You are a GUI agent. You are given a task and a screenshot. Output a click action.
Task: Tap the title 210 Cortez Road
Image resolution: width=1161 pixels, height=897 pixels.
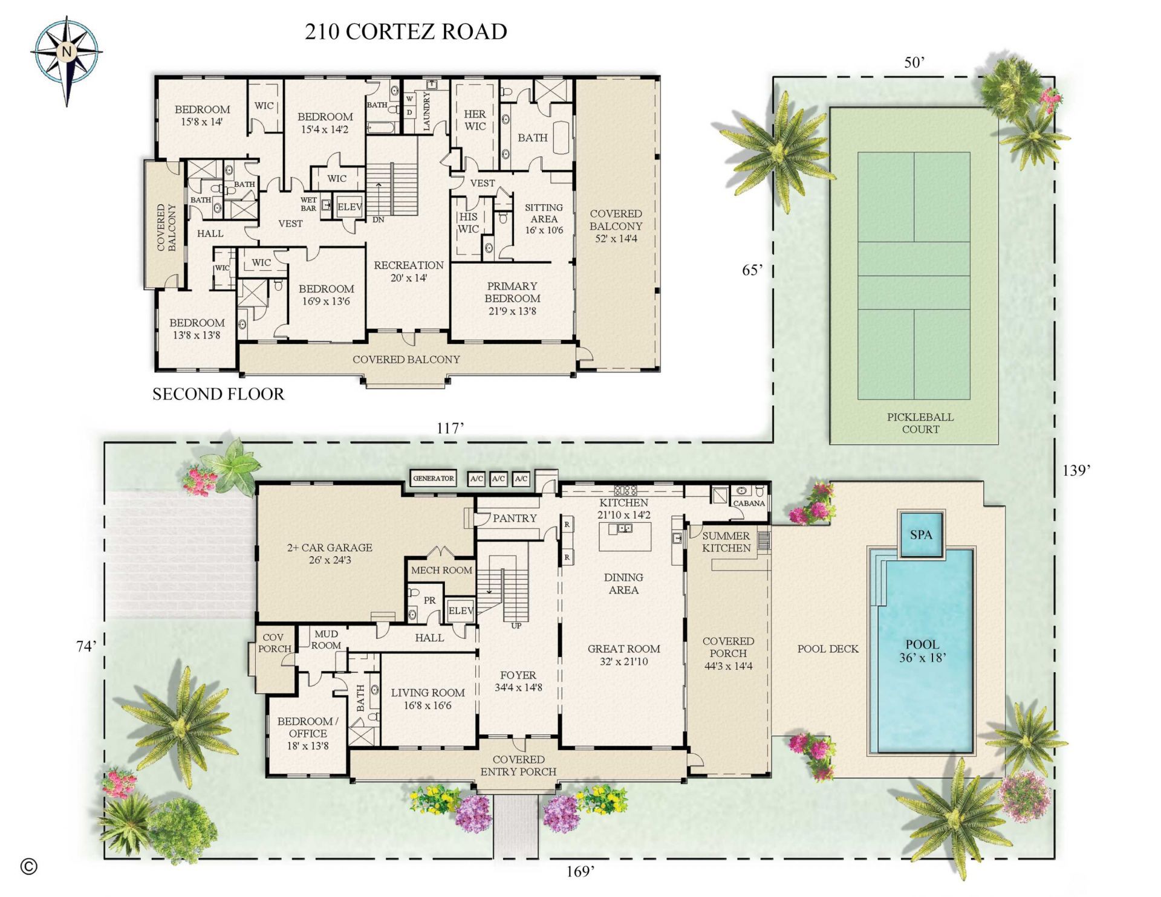pos(406,32)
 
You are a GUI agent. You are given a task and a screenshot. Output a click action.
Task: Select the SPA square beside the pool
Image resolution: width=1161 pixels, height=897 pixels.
pos(921,535)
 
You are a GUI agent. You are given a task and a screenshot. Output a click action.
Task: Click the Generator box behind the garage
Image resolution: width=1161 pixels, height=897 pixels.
pos(433,478)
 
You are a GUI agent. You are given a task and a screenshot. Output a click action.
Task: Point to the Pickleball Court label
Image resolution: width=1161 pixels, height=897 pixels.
pos(920,423)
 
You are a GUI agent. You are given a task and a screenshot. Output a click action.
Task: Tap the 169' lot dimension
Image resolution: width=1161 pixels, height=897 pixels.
pos(580,871)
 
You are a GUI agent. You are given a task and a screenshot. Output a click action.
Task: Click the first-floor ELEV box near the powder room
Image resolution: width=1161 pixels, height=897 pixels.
pos(460,611)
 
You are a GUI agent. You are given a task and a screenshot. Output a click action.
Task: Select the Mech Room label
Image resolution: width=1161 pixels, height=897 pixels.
pos(441,570)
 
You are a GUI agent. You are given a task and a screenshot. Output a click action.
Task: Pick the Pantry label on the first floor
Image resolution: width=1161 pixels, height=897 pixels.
pos(514,518)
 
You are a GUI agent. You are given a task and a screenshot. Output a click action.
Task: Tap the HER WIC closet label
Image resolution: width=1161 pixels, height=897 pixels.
pos(475,120)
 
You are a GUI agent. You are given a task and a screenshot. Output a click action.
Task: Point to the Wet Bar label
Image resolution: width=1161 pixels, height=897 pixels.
pos(308,204)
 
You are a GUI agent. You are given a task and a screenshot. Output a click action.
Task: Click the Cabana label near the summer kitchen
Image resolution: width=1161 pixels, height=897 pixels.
pos(749,503)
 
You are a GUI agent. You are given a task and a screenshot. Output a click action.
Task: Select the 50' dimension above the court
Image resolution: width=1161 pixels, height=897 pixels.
pos(915,62)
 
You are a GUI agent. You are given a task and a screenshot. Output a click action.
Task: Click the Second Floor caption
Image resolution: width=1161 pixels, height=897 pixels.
pos(218,394)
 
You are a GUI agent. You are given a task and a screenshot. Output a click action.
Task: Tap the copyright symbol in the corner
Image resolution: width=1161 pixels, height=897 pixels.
pos(28,866)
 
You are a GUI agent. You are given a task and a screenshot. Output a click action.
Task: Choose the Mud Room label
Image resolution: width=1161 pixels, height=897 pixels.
pos(326,640)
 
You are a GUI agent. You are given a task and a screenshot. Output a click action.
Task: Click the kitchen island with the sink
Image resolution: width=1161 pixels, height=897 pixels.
pos(625,536)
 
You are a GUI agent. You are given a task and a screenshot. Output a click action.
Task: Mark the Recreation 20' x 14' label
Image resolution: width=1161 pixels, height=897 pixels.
pos(409,271)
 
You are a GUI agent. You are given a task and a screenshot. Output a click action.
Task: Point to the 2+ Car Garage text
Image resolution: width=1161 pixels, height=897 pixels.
pos(330,553)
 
